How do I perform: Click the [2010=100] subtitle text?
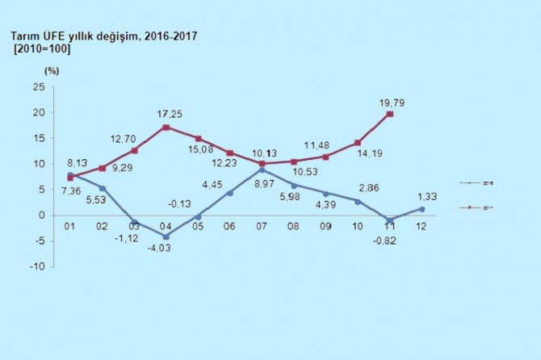pos(43,50)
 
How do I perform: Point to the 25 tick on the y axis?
pos(38,86)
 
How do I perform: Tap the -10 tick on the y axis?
pos(36,267)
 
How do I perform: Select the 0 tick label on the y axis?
pos(41,216)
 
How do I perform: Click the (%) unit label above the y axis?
pos(52,71)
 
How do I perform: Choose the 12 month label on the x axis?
pos(421,227)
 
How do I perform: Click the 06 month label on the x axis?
pos(230,227)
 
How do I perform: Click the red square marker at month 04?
pos(166,127)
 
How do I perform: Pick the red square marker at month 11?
pos(390,114)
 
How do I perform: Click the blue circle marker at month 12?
pos(421,208)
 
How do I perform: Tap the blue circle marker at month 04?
pos(166,236)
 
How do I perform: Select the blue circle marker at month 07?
pos(262,170)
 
